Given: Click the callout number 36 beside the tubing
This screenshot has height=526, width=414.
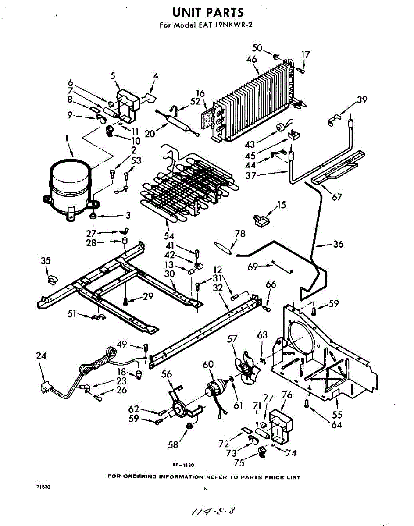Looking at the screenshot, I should tap(338, 245).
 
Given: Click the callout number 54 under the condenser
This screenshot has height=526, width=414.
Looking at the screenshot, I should tap(169, 236).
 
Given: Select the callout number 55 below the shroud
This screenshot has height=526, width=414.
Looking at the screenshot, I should tap(337, 414).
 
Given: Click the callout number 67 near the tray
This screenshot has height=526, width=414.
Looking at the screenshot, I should tap(337, 197).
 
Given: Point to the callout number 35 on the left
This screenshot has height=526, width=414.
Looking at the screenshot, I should tap(46, 261).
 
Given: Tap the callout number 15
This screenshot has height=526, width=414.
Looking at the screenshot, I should tap(281, 205).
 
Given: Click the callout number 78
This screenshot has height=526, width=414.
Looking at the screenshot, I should tap(240, 234).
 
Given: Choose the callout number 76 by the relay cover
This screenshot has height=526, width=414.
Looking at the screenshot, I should tap(286, 395).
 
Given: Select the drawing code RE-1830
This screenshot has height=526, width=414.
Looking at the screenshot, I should tap(183, 465).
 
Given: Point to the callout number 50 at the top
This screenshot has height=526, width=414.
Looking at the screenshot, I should tap(257, 48).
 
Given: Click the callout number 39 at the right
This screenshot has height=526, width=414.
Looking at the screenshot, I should tap(362, 100).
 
